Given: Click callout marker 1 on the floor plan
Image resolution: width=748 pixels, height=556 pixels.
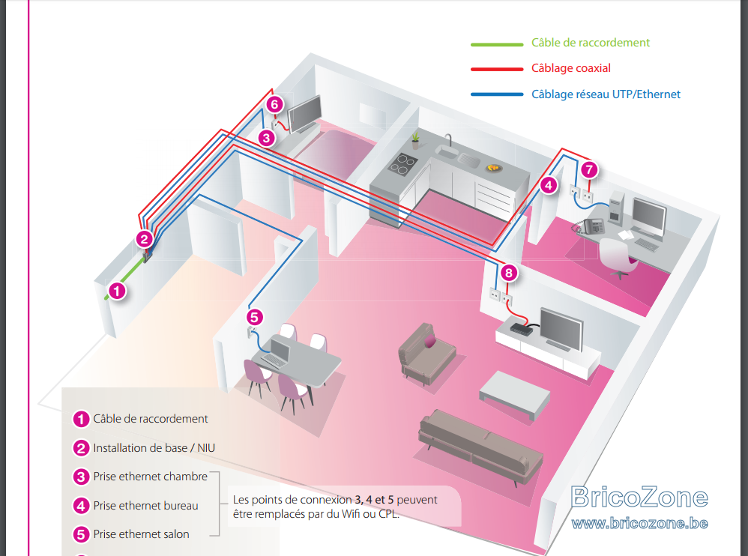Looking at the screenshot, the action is [117, 291].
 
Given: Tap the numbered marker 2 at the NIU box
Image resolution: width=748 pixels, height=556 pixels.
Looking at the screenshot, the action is [144, 239].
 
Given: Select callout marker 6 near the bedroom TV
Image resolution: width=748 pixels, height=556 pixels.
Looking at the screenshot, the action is [274, 104].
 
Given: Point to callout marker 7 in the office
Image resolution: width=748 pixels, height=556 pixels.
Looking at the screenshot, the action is [589, 169].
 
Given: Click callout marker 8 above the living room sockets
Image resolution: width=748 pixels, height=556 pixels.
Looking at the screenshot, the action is [509, 273].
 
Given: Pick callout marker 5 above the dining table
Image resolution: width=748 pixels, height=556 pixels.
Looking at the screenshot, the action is [254, 317].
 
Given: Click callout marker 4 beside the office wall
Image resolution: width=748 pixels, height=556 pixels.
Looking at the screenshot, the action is [549, 185].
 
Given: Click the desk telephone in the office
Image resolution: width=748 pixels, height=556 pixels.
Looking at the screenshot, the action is [593, 226].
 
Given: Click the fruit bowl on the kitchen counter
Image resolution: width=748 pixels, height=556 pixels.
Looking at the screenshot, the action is [494, 168].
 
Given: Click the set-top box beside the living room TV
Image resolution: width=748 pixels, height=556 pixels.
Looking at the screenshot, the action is [522, 328].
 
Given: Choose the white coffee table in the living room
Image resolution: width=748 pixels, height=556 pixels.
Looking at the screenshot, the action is [515, 394].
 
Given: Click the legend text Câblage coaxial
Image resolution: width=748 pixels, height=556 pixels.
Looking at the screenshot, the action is [571, 68].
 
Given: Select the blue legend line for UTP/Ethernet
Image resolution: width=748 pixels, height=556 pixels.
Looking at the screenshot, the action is [497, 94].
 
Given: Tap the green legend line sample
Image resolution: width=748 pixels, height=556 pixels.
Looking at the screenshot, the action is [497, 44].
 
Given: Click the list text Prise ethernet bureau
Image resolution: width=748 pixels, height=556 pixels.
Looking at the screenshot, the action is [145, 506].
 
